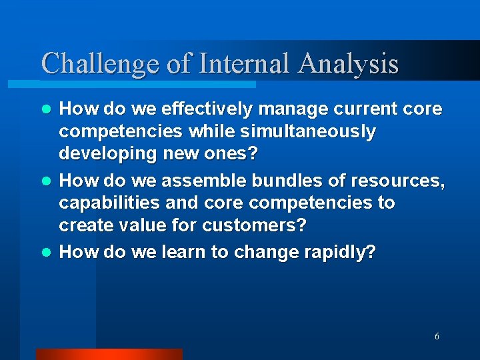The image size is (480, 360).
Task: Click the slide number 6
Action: click(437, 337)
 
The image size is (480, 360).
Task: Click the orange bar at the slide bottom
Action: click(109, 354)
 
